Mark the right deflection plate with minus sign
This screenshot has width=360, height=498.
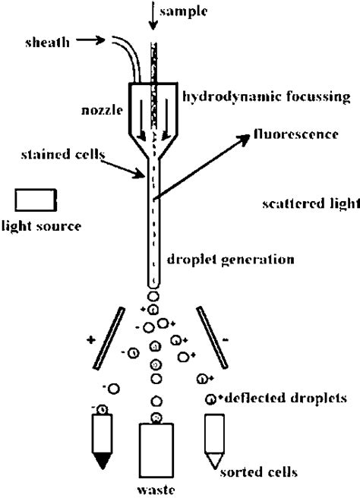point(212,332)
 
